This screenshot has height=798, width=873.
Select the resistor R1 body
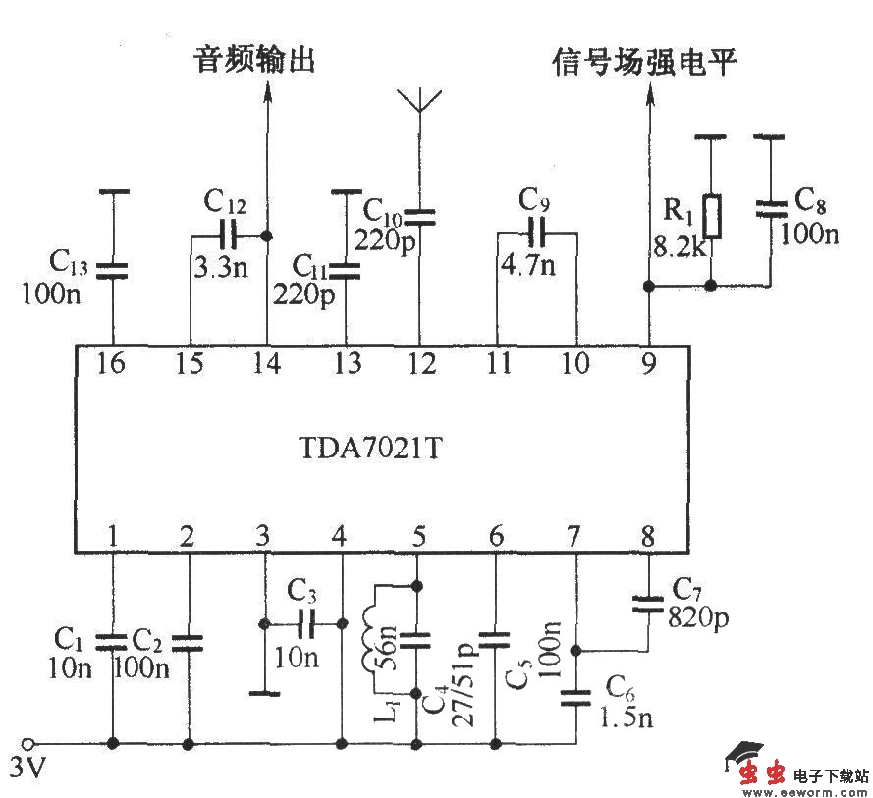714,217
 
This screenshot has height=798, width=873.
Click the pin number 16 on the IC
112,364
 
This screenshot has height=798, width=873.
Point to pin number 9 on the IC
648,364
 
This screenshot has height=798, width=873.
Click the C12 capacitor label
225,203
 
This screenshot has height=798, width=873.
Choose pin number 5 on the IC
419,536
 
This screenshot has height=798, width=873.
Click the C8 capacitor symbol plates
771,208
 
